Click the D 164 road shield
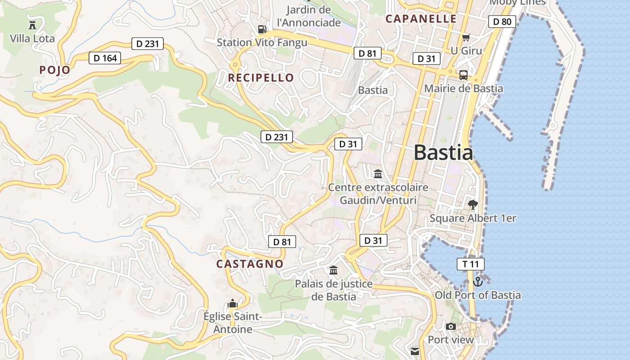(105, 58)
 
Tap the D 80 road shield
(502, 22)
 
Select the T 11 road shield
(471, 264)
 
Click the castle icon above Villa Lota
(32, 25)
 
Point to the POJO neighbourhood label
(55, 70)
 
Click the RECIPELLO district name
(261, 78)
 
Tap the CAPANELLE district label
(421, 19)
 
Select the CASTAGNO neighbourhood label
(250, 264)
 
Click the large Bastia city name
(443, 153)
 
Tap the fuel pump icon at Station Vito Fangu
(262, 29)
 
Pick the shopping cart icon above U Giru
(466, 37)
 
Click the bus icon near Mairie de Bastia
(463, 75)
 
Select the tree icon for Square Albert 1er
(472, 205)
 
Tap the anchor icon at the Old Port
(478, 282)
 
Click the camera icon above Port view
(450, 326)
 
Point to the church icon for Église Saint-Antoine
(232, 303)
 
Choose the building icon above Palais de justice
(333, 270)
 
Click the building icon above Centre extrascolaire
(378, 174)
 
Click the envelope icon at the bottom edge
(414, 351)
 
